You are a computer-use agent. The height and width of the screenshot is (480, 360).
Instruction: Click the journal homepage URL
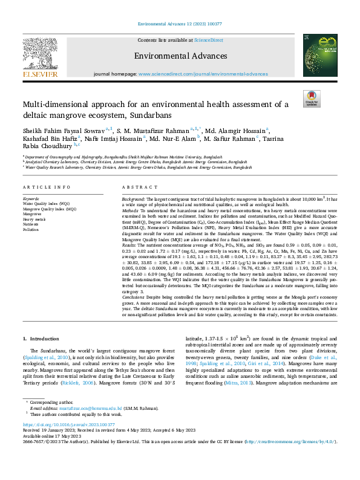203,73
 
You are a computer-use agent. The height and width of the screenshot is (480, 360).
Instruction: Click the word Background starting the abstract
134,182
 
